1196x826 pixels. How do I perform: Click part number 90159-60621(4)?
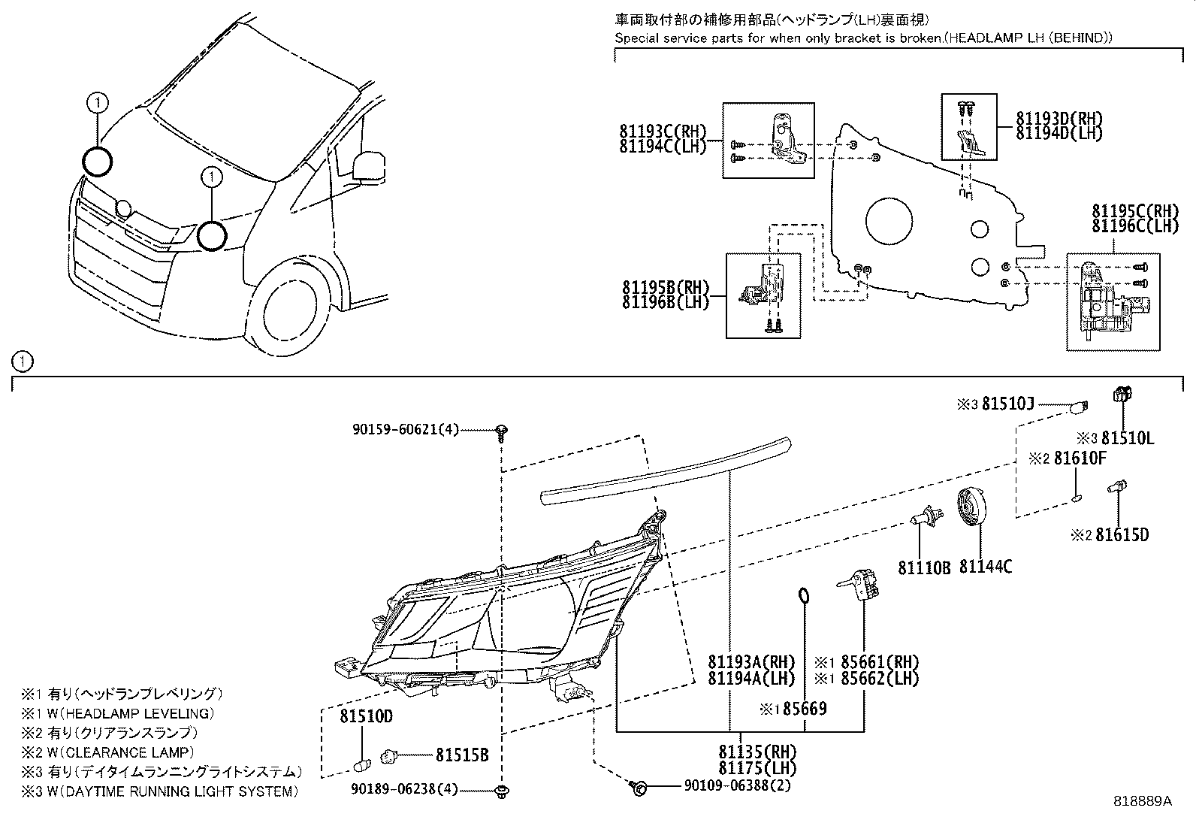(x=405, y=430)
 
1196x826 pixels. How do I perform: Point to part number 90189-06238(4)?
(x=405, y=790)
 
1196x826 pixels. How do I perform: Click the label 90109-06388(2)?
(x=737, y=785)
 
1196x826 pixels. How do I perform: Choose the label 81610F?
(x=1079, y=458)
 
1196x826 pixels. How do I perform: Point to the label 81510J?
(x=1007, y=405)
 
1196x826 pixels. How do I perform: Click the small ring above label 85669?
(x=803, y=596)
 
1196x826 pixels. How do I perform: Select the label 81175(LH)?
(x=757, y=768)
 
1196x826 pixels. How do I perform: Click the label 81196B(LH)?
(x=666, y=303)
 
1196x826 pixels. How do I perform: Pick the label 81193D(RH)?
(x=1059, y=119)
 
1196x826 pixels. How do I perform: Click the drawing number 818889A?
(x=1143, y=801)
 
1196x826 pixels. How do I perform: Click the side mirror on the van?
(x=368, y=166)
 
